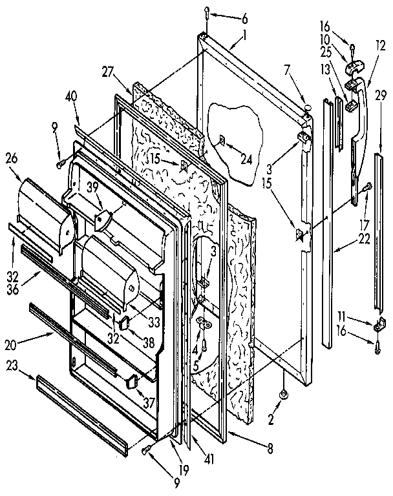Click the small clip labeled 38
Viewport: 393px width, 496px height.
(x=125, y=321)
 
